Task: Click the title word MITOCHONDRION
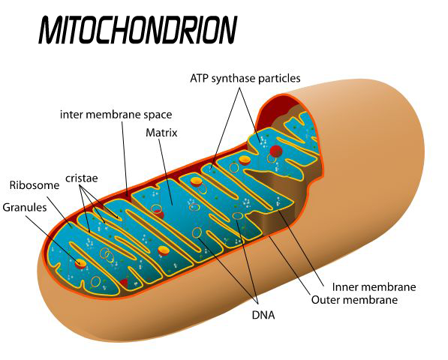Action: (138, 30)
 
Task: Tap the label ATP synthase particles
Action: (245, 78)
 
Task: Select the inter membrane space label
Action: (116, 115)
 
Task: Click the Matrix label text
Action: (161, 133)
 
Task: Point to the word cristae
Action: (82, 178)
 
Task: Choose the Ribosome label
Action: (35, 185)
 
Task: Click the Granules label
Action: (25, 207)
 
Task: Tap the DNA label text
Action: (263, 315)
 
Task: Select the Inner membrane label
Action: (374, 287)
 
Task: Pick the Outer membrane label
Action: (354, 300)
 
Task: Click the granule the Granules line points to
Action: (80, 263)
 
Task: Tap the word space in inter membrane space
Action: (158, 115)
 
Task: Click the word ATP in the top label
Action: (200, 78)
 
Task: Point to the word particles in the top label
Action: (279, 79)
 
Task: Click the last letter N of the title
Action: (227, 30)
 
